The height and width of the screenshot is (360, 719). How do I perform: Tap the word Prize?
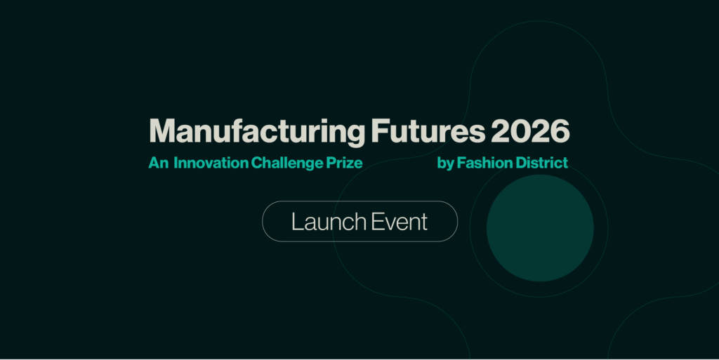click(344, 164)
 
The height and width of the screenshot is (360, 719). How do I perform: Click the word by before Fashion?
click(445, 164)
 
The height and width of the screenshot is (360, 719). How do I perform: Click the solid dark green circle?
click(540, 228)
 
